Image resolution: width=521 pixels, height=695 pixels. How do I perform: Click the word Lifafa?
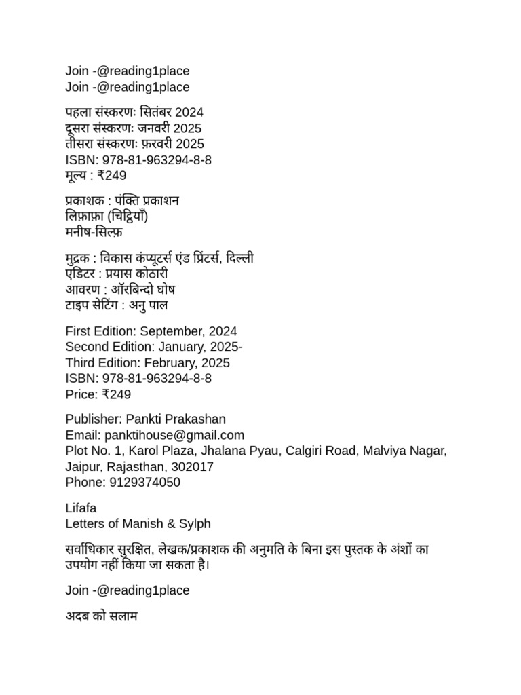[x=81, y=508]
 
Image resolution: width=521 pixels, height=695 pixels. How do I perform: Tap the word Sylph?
[x=194, y=523]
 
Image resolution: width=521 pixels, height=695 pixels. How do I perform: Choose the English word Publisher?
[x=93, y=419]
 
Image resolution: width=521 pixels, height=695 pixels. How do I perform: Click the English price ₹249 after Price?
[x=114, y=394]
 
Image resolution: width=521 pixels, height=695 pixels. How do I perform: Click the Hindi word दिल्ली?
[x=240, y=259]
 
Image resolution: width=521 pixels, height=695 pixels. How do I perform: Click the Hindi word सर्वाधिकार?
[x=90, y=549]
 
